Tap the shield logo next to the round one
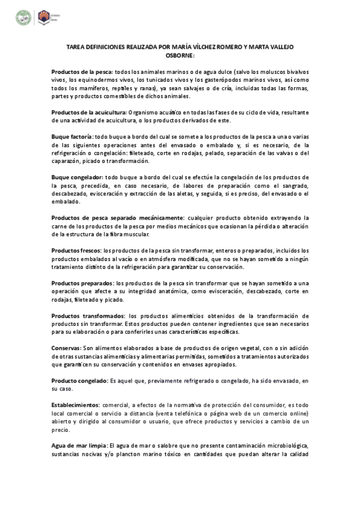pyautogui.click(x=43, y=17)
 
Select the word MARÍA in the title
pyautogui.click(x=186, y=47)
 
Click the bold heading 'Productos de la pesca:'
pyautogui.click(x=82, y=72)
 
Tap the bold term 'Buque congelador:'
pyautogui.click(x=77, y=177)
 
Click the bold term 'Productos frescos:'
pyautogui.click(x=76, y=250)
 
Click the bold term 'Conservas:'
pyautogui.click(x=66, y=348)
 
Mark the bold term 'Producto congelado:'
pyautogui.click(x=79, y=380)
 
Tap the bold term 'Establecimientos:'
pyautogui.click(x=76, y=405)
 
